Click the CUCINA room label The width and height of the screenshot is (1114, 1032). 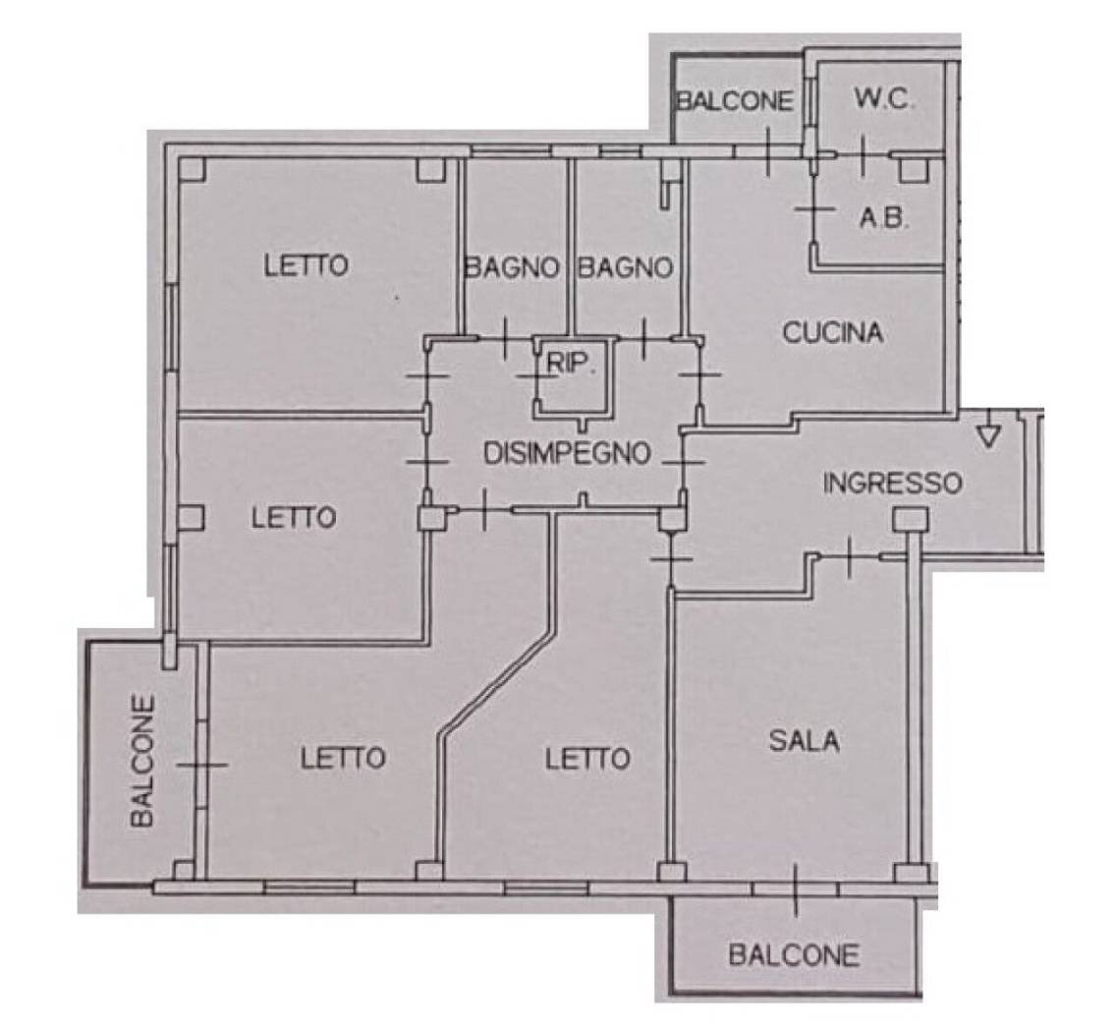[833, 332]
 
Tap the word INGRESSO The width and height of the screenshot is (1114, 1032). [892, 484]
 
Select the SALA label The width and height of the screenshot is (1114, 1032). [805, 741]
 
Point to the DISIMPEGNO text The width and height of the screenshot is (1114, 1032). [567, 453]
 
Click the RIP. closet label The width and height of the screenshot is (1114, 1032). [570, 364]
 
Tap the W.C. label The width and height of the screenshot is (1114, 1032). [884, 99]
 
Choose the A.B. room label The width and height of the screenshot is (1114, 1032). [884, 218]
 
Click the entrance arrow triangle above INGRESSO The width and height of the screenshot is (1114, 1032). [988, 434]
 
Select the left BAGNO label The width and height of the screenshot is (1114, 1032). [512, 268]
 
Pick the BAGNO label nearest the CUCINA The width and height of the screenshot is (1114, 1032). [625, 268]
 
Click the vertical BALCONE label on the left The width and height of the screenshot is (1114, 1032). [142, 761]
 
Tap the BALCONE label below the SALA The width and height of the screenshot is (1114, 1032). [795, 955]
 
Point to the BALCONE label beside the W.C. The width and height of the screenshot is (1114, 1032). [735, 100]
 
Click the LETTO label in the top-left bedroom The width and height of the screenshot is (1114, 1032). [306, 265]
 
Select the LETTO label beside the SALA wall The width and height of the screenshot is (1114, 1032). [587, 759]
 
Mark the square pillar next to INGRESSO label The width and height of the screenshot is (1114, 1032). [910, 520]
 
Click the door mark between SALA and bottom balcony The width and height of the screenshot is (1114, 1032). [796, 889]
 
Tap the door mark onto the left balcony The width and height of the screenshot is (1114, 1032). [201, 765]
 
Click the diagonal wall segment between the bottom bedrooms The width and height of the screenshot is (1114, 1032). [497, 679]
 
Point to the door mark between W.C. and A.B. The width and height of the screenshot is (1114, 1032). [863, 155]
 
